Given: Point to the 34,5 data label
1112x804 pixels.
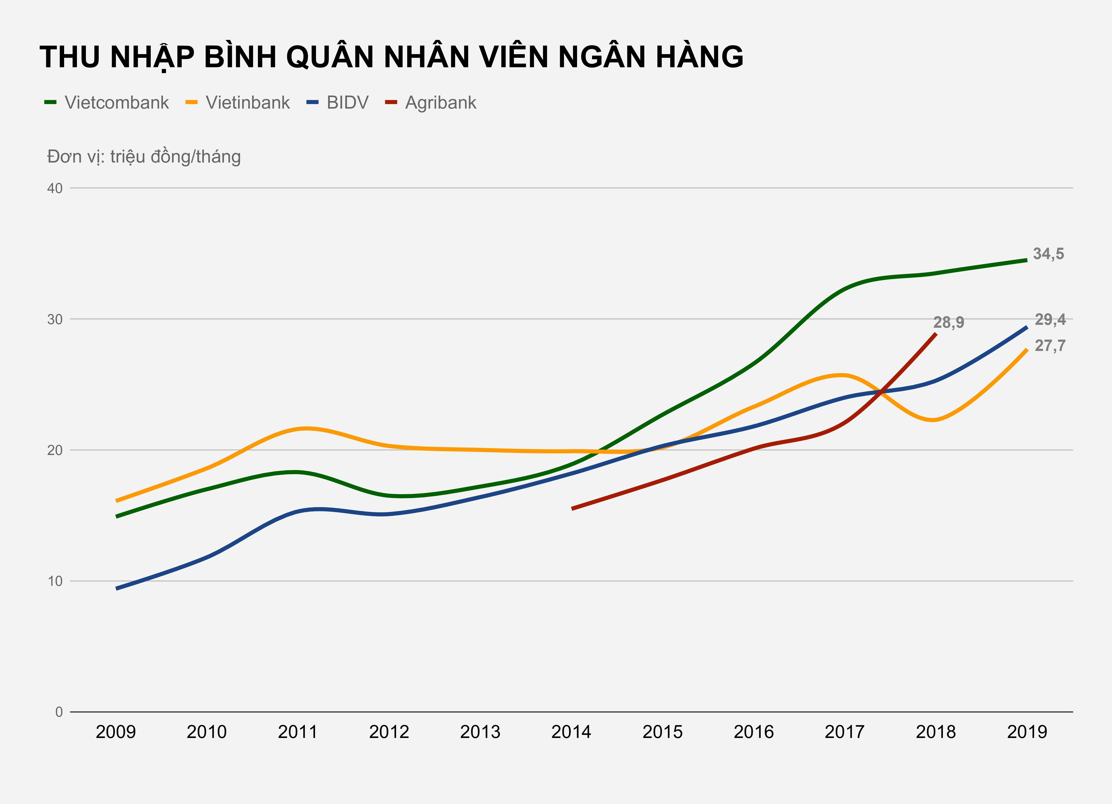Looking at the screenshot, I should tap(1048, 254).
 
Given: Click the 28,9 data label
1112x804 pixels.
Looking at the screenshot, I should tap(948, 323).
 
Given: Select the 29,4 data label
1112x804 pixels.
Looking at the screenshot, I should tap(1050, 320).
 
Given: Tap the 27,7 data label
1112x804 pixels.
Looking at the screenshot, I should tap(1050, 346).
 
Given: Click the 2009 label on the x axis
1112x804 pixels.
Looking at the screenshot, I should tap(116, 732).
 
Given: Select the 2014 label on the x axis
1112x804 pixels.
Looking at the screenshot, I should tap(571, 732).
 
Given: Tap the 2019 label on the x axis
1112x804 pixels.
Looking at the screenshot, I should tap(1027, 732).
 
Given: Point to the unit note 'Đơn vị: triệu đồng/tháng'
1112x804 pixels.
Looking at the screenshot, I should tap(144, 157).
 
